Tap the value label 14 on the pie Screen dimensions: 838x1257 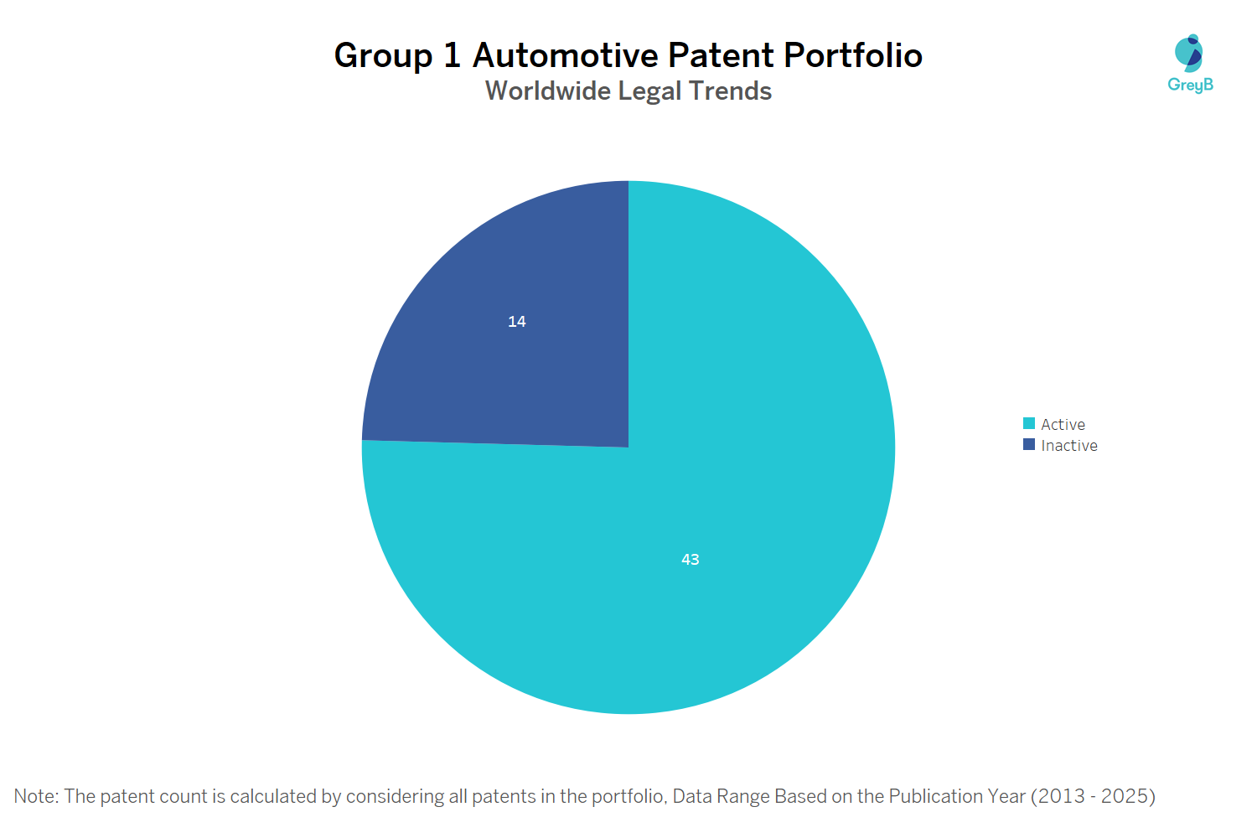coord(517,322)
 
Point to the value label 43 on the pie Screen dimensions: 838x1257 coord(691,560)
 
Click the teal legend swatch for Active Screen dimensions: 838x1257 coord(1029,424)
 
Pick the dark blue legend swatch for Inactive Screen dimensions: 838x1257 coord(1029,445)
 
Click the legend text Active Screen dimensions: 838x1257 coord(1063,425)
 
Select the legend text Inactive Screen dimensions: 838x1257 coord(1068,446)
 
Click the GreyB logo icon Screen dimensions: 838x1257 coord(1189,53)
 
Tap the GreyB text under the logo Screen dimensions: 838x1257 coord(1190,85)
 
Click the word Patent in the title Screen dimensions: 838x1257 coord(721,55)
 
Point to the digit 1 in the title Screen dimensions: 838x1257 coord(453,55)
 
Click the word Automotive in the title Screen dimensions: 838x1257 coord(566,55)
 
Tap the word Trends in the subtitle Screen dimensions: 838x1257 coord(730,91)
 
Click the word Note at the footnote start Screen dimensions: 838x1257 coord(34,796)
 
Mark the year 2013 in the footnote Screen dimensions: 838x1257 coord(1061,796)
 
